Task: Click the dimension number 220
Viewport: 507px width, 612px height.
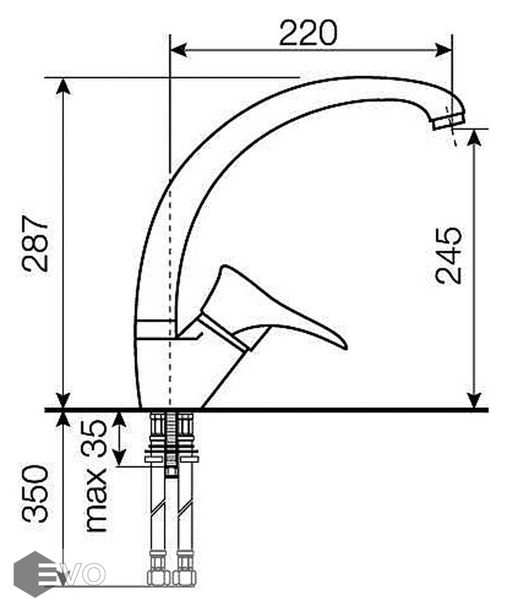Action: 308,33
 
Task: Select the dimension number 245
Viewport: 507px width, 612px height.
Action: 448,255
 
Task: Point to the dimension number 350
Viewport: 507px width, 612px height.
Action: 35,494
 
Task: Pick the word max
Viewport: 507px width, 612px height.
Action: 95,499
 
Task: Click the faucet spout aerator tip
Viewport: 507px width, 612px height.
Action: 449,122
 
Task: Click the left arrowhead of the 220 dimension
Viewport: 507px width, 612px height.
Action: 178,50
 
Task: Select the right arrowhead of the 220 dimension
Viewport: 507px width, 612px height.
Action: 444,50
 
